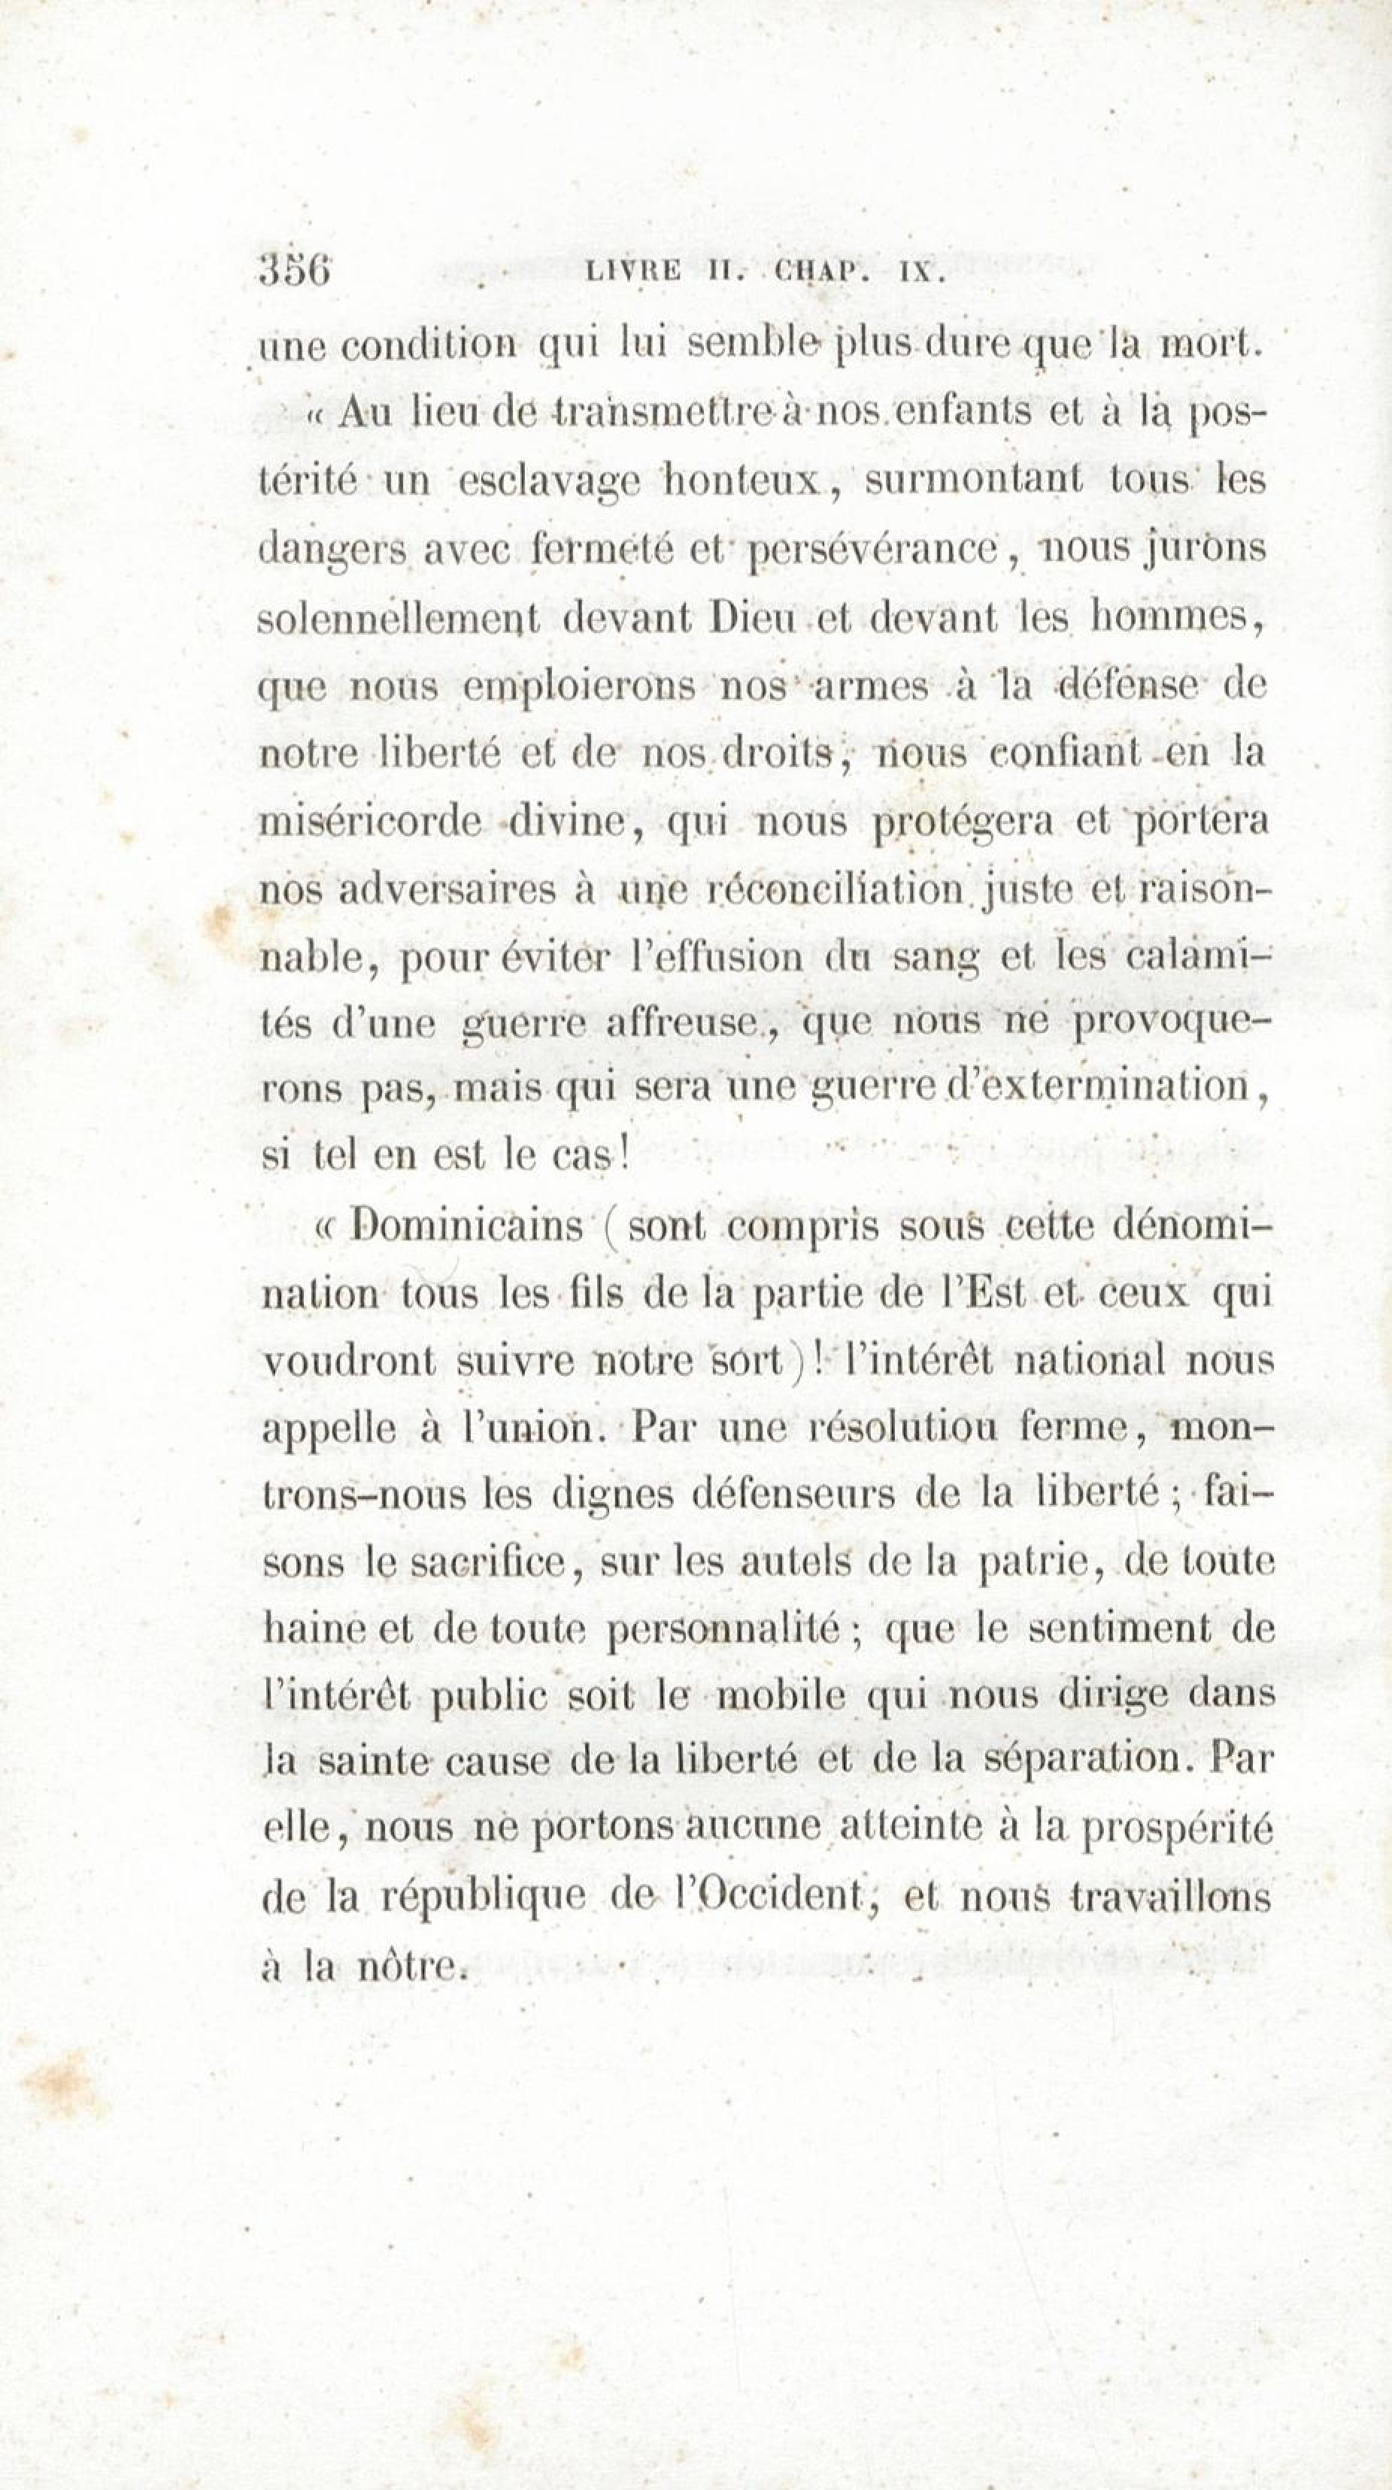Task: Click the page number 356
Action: pos(295,271)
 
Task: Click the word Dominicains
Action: pos(467,1227)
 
